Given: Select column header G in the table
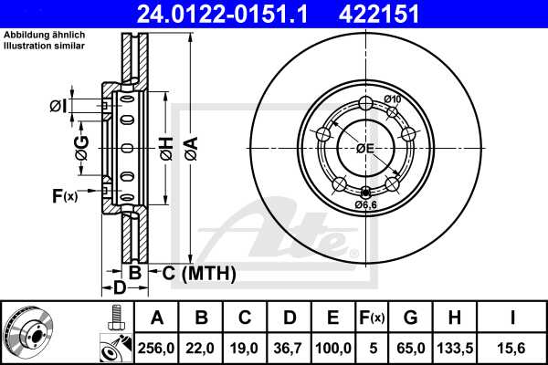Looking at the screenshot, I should pyautogui.click(x=410, y=318).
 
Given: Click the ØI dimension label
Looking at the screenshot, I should pyautogui.click(x=58, y=107).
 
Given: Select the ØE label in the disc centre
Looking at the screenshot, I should pyautogui.click(x=365, y=148).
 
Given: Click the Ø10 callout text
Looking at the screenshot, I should pyautogui.click(x=393, y=99).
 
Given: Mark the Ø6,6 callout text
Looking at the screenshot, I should pyautogui.click(x=366, y=204).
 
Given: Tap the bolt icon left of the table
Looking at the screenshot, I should pyautogui.click(x=115, y=318).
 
